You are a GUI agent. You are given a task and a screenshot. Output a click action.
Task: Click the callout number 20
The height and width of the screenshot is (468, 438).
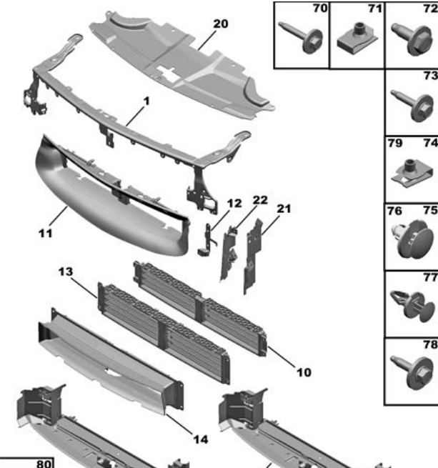220,24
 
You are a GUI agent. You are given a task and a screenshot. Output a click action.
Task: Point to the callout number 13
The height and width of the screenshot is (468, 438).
66,272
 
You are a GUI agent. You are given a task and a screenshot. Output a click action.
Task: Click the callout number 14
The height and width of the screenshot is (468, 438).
201,438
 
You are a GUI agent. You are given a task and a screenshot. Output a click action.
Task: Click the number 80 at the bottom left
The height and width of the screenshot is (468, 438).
44,463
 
